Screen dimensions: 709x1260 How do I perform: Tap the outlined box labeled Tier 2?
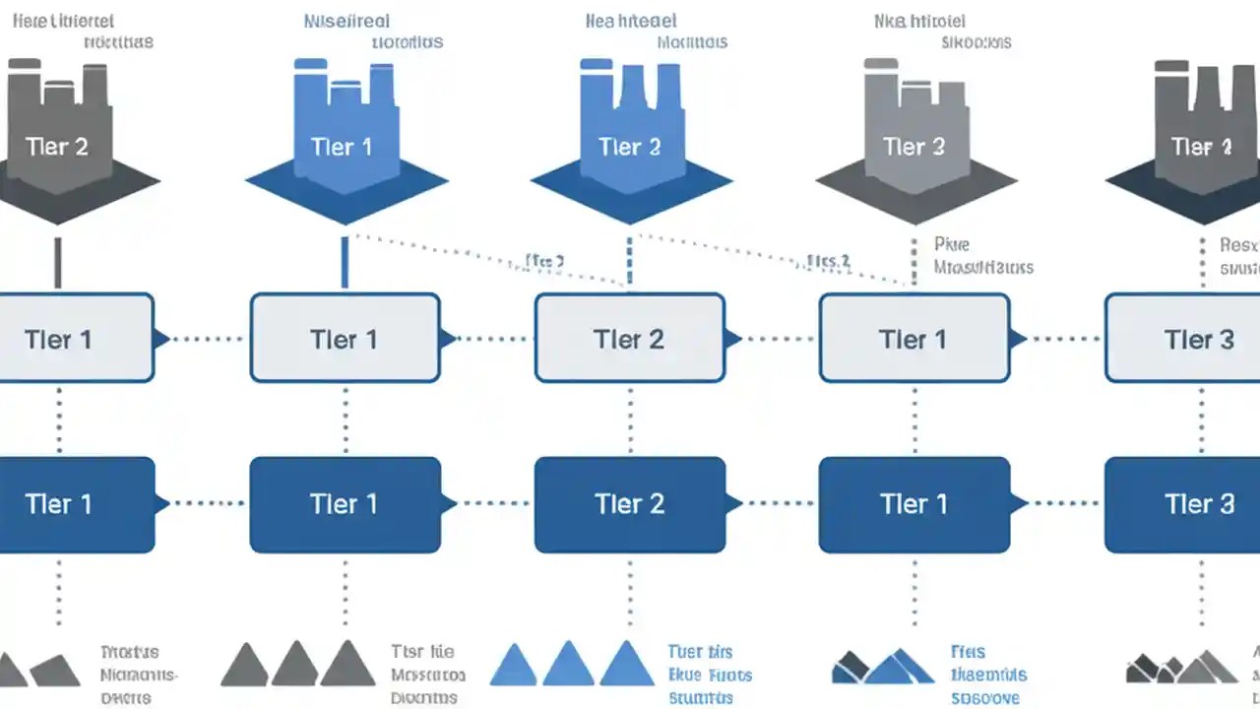(630, 339)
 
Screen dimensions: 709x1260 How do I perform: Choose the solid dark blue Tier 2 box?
(630, 504)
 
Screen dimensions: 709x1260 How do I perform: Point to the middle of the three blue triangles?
(568, 666)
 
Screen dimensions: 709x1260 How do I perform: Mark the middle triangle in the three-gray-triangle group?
(295, 666)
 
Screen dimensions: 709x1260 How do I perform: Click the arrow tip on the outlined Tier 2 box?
(733, 339)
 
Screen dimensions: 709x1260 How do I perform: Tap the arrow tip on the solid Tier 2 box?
(733, 504)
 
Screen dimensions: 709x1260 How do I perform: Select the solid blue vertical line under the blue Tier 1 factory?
(345, 262)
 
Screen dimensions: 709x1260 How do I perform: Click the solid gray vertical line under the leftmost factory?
(57, 262)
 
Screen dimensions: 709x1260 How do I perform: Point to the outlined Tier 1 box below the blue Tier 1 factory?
(345, 339)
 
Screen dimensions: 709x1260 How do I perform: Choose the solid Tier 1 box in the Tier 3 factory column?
(914, 504)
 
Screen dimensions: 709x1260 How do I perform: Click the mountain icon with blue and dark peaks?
(882, 667)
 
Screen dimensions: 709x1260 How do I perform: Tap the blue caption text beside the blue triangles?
(709, 675)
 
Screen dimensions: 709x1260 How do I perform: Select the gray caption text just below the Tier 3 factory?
(982, 255)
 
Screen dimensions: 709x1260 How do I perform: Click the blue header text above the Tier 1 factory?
(374, 32)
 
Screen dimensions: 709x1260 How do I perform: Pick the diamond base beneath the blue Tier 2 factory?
(631, 197)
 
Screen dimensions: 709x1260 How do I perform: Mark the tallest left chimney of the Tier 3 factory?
(881, 98)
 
